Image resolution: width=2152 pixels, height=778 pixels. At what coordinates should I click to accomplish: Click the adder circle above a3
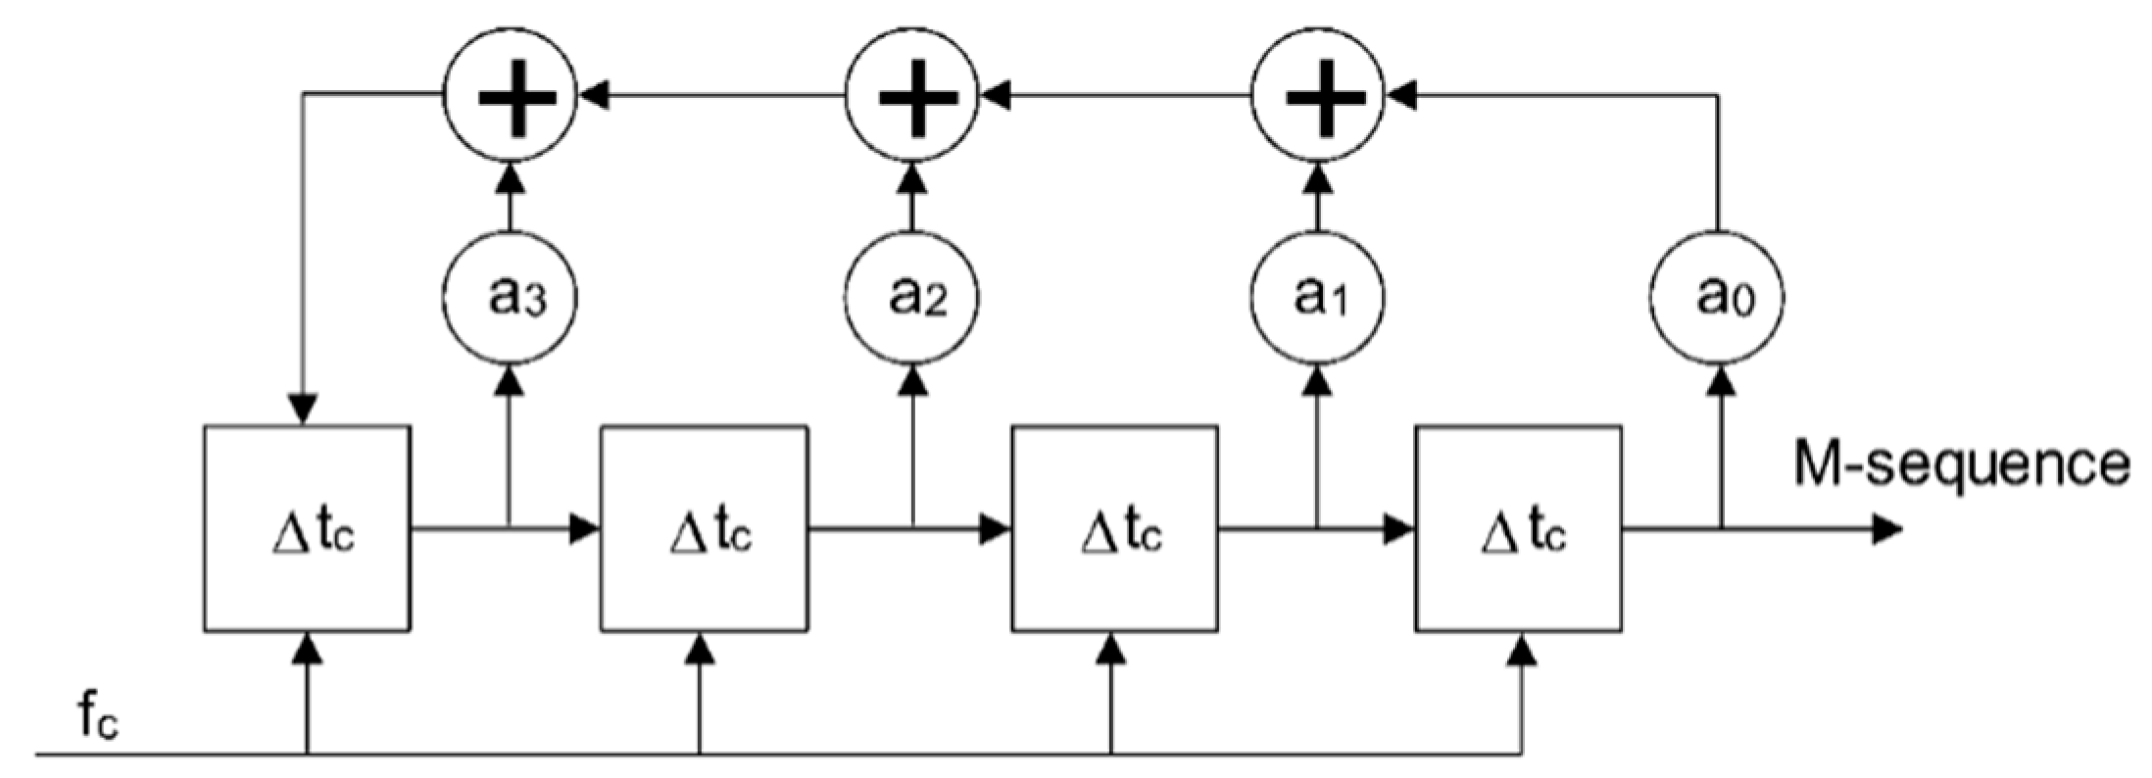point(510,95)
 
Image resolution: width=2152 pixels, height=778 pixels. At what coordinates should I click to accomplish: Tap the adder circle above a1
point(1319,95)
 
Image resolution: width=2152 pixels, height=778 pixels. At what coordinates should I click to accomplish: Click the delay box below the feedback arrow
point(307,529)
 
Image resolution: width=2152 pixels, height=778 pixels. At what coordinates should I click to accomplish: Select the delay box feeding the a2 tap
point(705,529)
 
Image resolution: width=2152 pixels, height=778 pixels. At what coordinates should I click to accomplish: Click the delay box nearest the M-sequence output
point(1518,529)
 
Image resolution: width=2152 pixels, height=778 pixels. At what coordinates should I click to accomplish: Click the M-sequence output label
point(1960,463)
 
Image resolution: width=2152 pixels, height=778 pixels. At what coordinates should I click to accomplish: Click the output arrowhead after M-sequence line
point(1886,530)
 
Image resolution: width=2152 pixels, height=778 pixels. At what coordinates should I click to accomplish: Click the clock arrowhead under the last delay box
point(1522,647)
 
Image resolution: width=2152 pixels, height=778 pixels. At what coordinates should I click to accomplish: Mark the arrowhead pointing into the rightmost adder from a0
point(1401,95)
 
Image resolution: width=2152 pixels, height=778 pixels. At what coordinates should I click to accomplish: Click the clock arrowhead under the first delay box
point(308,647)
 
